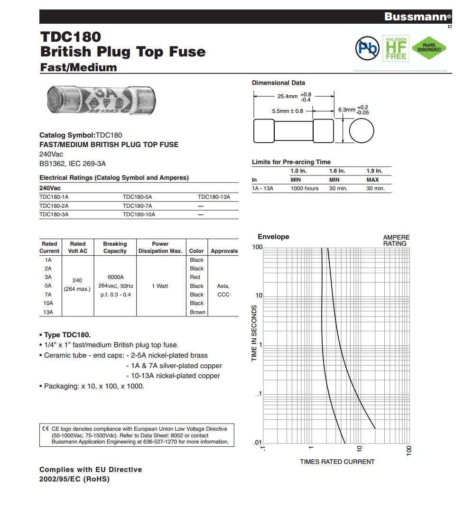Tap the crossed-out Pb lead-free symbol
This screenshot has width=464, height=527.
point(367,47)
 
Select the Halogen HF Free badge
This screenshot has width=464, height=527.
point(396,47)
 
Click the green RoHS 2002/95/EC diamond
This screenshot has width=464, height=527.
point(429,47)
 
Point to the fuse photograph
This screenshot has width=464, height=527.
point(102,101)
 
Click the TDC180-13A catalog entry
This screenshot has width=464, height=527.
point(213,197)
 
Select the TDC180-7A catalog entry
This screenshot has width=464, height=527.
point(137,206)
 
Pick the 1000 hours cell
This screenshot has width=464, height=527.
point(305,188)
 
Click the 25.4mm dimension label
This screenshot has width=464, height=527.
point(288,96)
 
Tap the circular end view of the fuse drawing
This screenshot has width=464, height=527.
point(362,130)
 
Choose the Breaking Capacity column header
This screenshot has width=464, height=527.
point(115,247)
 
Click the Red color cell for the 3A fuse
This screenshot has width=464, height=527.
point(195,277)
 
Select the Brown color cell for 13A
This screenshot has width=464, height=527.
point(197,312)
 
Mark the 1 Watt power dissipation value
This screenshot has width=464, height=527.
point(160,286)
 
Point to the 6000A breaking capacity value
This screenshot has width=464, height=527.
point(115,277)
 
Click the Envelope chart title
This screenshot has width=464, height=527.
point(273,237)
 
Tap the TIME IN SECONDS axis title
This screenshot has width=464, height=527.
point(254,333)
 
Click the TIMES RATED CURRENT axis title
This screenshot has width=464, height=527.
point(337,462)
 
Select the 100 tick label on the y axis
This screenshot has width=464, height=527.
point(258,247)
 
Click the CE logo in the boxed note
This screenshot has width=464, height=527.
point(46,429)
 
